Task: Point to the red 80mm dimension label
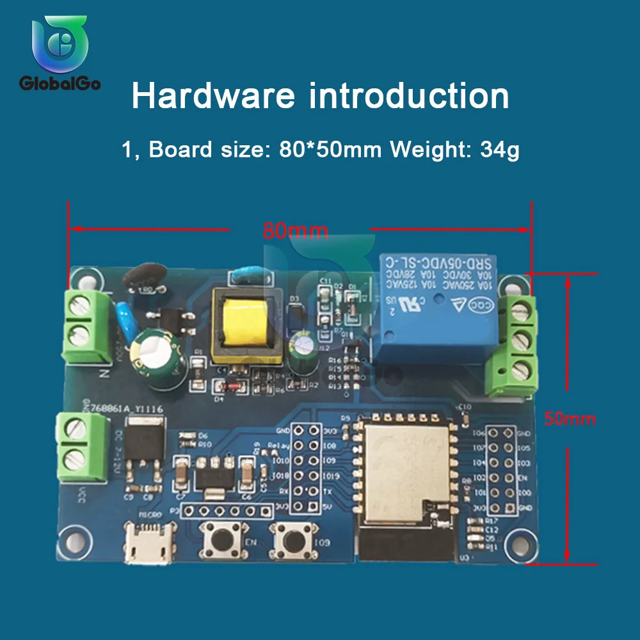coord(295,231)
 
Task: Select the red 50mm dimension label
coord(570,419)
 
